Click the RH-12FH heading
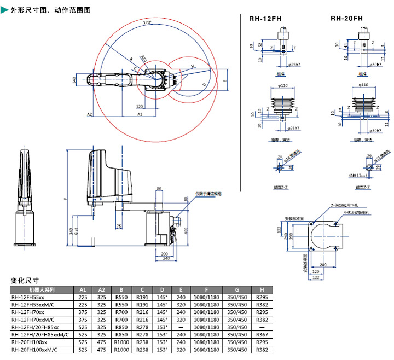coord(265,19)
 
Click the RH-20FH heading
coord(346,19)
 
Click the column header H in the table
coord(262,289)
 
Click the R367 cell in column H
coord(262,334)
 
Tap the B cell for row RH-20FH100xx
coord(121,341)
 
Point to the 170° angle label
coord(147,24)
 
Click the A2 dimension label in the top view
coord(89,115)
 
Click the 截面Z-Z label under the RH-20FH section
coord(362,187)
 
